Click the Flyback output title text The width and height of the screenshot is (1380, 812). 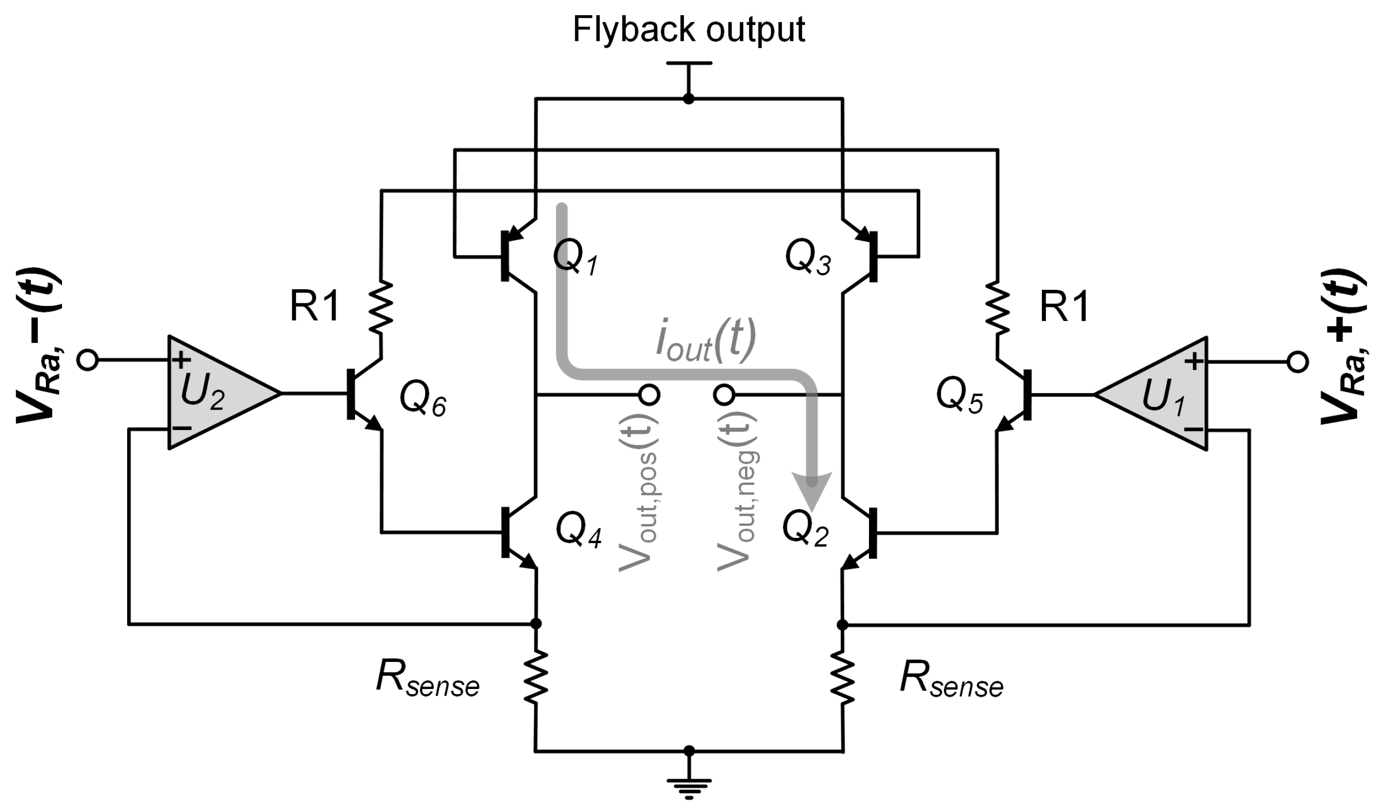point(688,30)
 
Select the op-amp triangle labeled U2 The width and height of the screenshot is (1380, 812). point(214,393)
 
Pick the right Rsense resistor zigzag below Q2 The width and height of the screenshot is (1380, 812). point(842,678)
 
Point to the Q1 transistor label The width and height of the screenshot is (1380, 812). point(575,257)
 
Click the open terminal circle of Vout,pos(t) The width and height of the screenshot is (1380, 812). point(650,395)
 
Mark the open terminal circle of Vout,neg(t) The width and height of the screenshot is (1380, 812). point(724,395)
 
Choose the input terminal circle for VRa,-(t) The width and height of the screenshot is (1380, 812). point(88,361)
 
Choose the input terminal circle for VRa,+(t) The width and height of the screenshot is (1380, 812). point(1297,362)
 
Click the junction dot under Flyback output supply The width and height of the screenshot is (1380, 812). point(689,99)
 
